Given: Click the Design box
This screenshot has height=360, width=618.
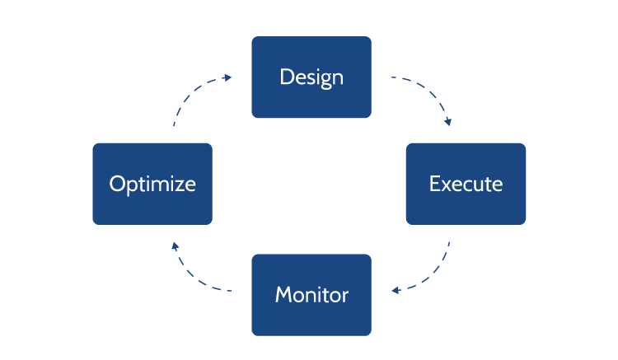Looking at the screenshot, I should tap(311, 77).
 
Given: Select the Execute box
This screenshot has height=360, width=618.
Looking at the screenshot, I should tap(466, 184).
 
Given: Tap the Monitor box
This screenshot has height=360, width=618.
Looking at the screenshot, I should tap(311, 295).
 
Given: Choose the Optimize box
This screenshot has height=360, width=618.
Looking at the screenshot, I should tap(152, 184).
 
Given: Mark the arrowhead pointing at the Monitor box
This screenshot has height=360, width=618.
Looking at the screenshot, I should tap(396, 290).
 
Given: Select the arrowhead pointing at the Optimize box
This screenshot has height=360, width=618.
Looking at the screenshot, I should tap(173, 245).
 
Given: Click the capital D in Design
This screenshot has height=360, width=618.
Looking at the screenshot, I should tap(286, 77).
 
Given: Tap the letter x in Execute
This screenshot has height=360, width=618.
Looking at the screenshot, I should tap(445, 185).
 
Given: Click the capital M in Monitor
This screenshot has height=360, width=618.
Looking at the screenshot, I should tap(283, 295).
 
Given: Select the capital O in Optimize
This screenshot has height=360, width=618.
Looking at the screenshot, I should tap(117, 184).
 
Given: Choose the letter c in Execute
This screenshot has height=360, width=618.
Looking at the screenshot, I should tap(467, 185).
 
